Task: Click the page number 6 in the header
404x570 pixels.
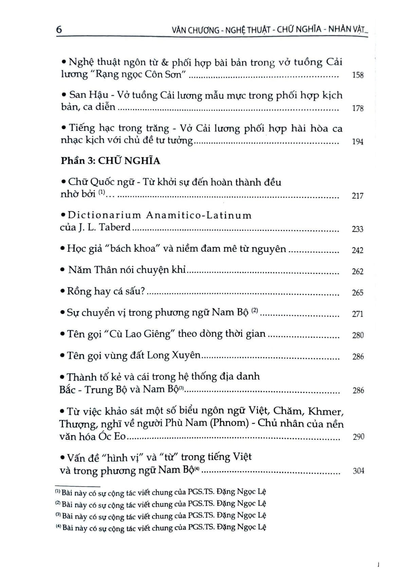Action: tap(59, 29)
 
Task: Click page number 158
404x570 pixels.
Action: tap(358, 75)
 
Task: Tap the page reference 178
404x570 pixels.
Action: tap(358, 108)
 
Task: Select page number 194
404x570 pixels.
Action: tap(358, 142)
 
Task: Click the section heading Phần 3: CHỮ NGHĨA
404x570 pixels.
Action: tap(110, 161)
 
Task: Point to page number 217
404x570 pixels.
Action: tap(358, 196)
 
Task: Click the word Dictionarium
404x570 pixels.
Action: tap(104, 215)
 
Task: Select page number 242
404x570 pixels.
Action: tap(358, 250)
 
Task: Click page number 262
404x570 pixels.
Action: tap(358, 271)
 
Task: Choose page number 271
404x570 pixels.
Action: tap(358, 314)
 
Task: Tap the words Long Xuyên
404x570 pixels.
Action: tap(174, 355)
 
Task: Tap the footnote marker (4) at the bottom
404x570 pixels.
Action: tap(58, 527)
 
